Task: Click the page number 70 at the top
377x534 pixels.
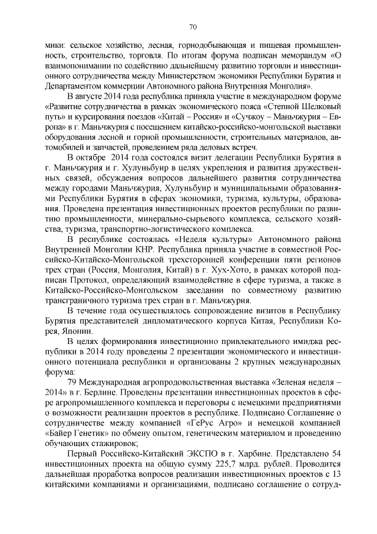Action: pos(192,27)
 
